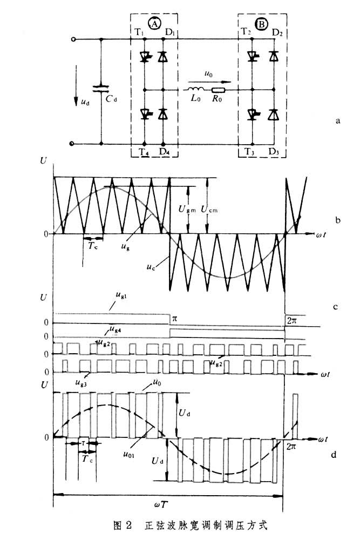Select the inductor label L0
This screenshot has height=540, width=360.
pos(195,100)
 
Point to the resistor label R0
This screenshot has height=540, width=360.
pos(218,100)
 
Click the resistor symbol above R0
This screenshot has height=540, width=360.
pos(219,90)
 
